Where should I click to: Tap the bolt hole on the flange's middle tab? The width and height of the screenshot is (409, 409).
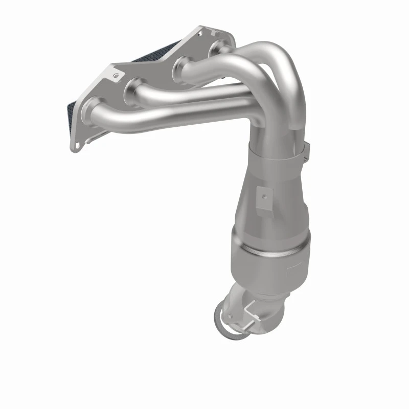118,75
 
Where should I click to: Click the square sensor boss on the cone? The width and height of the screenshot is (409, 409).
263,196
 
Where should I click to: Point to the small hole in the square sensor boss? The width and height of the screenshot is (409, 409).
264,194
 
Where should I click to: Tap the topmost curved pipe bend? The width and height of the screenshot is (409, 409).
266,51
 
